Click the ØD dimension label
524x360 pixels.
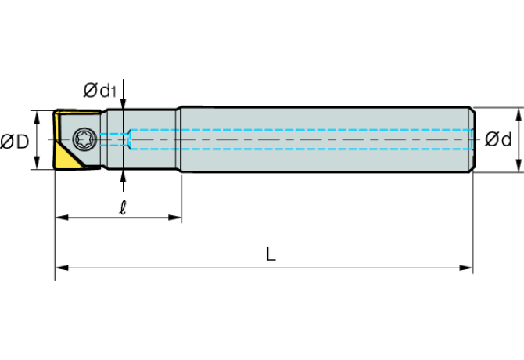click(15, 142)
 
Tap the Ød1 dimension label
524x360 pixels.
click(100, 90)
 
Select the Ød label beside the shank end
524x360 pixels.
click(498, 139)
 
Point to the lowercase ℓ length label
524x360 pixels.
click(123, 207)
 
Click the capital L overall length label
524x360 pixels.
click(271, 254)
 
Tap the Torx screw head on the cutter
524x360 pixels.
click(85, 139)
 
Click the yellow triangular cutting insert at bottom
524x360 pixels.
click(69, 157)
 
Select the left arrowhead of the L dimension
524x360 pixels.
click(62, 268)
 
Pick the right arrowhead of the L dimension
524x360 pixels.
click(466, 268)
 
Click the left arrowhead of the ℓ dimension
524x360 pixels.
click(62, 218)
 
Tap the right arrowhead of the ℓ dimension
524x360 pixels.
click(174, 218)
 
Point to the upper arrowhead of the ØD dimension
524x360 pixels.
click(37, 117)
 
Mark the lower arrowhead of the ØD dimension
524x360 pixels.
click(37, 163)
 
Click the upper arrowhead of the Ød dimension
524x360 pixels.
click(519, 114)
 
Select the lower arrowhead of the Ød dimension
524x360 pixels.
click(519, 166)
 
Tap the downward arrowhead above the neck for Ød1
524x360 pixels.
click(124, 103)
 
